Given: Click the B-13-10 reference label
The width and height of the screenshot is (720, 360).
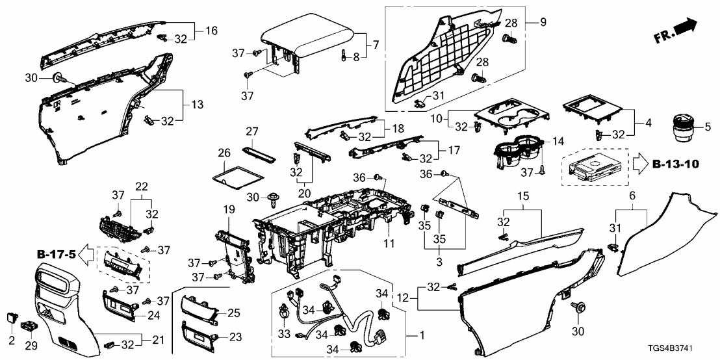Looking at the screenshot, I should point(676,163).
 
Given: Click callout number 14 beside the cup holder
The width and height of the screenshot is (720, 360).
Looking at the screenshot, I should point(558,142).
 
